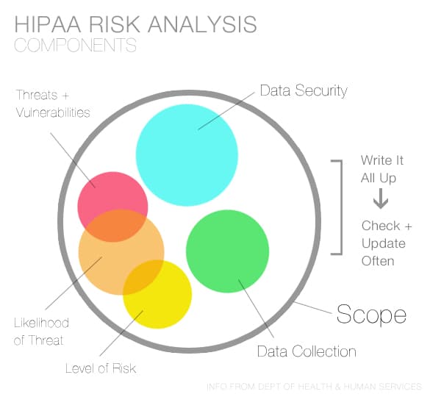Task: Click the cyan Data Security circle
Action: [x=187, y=154]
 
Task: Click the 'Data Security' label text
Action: [x=304, y=91]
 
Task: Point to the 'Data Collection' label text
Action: [x=307, y=351]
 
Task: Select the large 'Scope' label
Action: [x=371, y=315]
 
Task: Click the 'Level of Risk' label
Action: [x=101, y=368]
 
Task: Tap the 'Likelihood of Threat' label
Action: [x=41, y=332]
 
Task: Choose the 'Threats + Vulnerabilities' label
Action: [x=52, y=104]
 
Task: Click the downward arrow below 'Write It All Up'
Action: [x=381, y=200]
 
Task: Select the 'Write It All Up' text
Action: [x=381, y=169]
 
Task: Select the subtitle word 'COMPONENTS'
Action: [x=75, y=46]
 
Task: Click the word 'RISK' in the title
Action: [x=114, y=24]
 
